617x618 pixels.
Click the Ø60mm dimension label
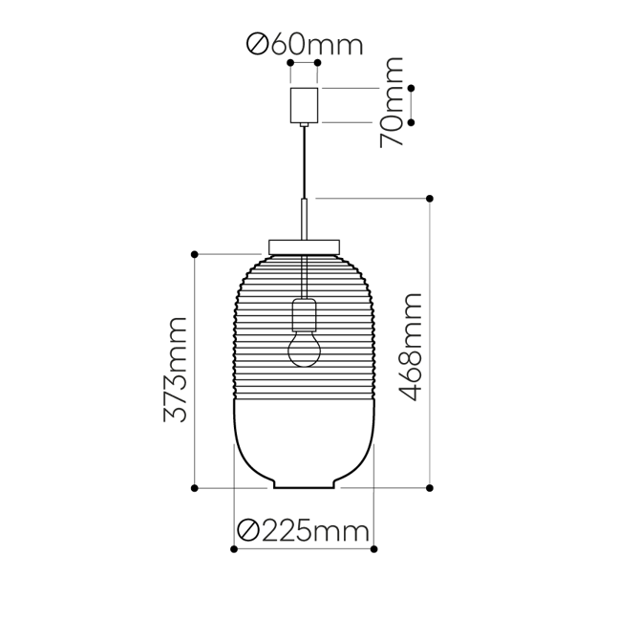click(305, 44)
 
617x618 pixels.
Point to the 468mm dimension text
click(410, 348)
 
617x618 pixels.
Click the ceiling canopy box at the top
click(305, 105)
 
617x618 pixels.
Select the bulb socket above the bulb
click(305, 312)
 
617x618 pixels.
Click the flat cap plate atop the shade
click(305, 246)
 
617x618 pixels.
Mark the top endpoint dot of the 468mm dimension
click(430, 199)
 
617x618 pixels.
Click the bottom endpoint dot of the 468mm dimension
click(430, 487)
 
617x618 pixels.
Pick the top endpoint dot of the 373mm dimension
click(195, 254)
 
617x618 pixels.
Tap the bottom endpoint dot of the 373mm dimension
click(195, 487)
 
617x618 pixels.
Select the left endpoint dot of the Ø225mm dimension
click(234, 550)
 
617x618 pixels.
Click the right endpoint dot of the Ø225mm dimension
click(374, 550)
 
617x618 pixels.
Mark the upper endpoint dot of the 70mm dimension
click(412, 89)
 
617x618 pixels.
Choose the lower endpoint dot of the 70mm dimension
click(412, 122)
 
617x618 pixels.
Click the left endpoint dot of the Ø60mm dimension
click(290, 64)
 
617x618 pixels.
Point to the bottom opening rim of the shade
click(305, 488)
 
